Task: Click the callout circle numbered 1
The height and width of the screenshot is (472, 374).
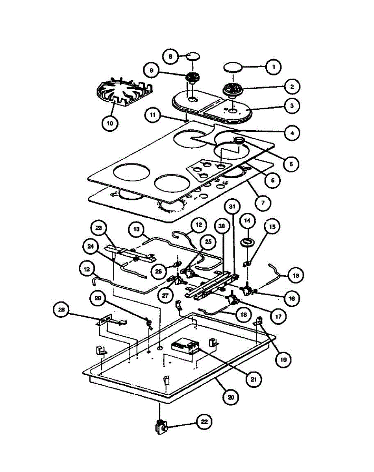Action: click(x=274, y=67)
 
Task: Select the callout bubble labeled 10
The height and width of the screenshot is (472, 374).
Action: click(x=109, y=123)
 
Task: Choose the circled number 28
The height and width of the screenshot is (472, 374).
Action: click(x=61, y=310)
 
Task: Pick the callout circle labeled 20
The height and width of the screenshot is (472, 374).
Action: click(x=230, y=397)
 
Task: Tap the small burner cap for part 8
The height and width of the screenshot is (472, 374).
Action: click(x=192, y=55)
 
